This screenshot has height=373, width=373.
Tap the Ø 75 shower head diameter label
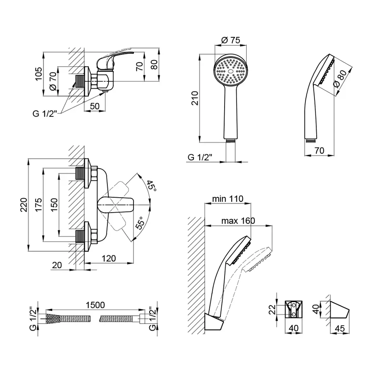pos(231,40)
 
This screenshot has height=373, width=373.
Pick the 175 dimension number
pos(39,205)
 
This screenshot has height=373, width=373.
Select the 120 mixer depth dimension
pos(109,259)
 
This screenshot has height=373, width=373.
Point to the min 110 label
pos(228,199)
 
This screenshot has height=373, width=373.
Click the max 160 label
pos(238,220)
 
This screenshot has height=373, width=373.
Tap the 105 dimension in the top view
pos(39,75)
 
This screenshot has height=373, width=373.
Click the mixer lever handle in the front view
pos(116,204)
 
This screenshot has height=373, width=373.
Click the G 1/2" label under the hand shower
pos(200,158)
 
